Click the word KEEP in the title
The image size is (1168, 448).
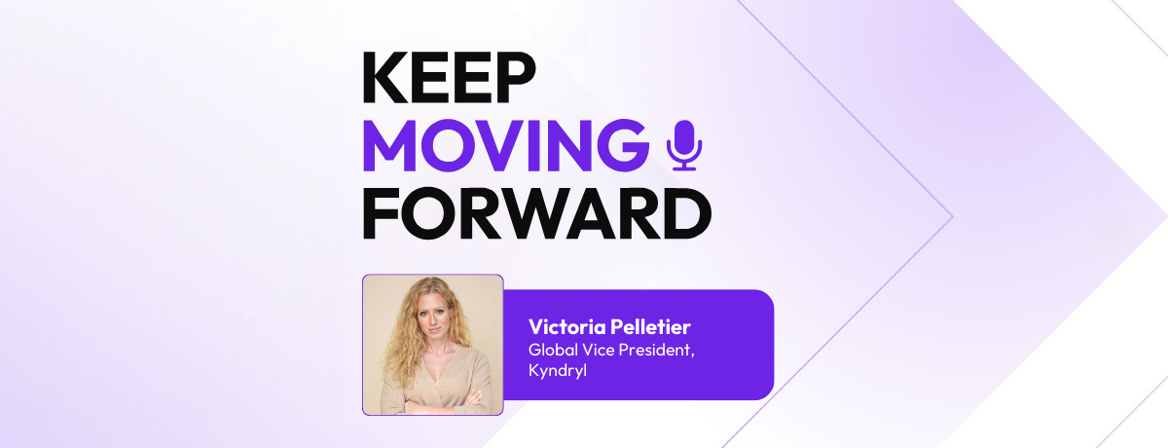tap(449, 78)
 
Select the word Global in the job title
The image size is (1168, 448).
tap(552, 349)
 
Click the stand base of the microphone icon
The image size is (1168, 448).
tap(683, 168)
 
